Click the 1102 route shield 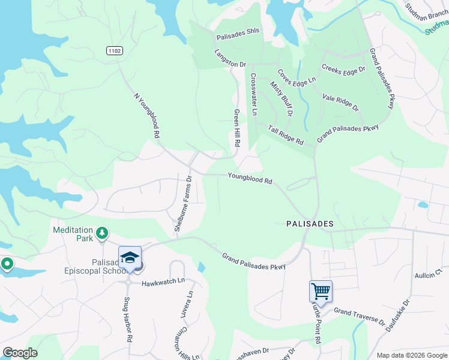(115, 51)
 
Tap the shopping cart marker (321, 292)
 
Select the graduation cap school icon (130, 257)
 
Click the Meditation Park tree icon (103, 233)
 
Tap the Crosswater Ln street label (254, 94)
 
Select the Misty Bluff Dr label (282, 99)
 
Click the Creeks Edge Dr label (343, 70)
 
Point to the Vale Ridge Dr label (340, 103)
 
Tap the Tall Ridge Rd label (286, 134)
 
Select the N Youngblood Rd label (146, 116)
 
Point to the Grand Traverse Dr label (359, 316)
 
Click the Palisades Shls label (237, 36)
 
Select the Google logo (20, 353)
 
